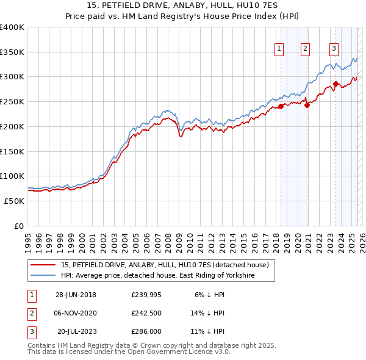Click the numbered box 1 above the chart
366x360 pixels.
tap(279, 49)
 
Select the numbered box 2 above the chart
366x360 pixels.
tap(305, 49)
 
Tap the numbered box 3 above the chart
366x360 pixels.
tap(334, 49)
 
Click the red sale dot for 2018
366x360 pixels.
tap(281, 106)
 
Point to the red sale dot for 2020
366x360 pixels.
tap(307, 105)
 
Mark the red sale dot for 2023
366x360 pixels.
tap(336, 84)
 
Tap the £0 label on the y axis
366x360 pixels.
tap(18, 226)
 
